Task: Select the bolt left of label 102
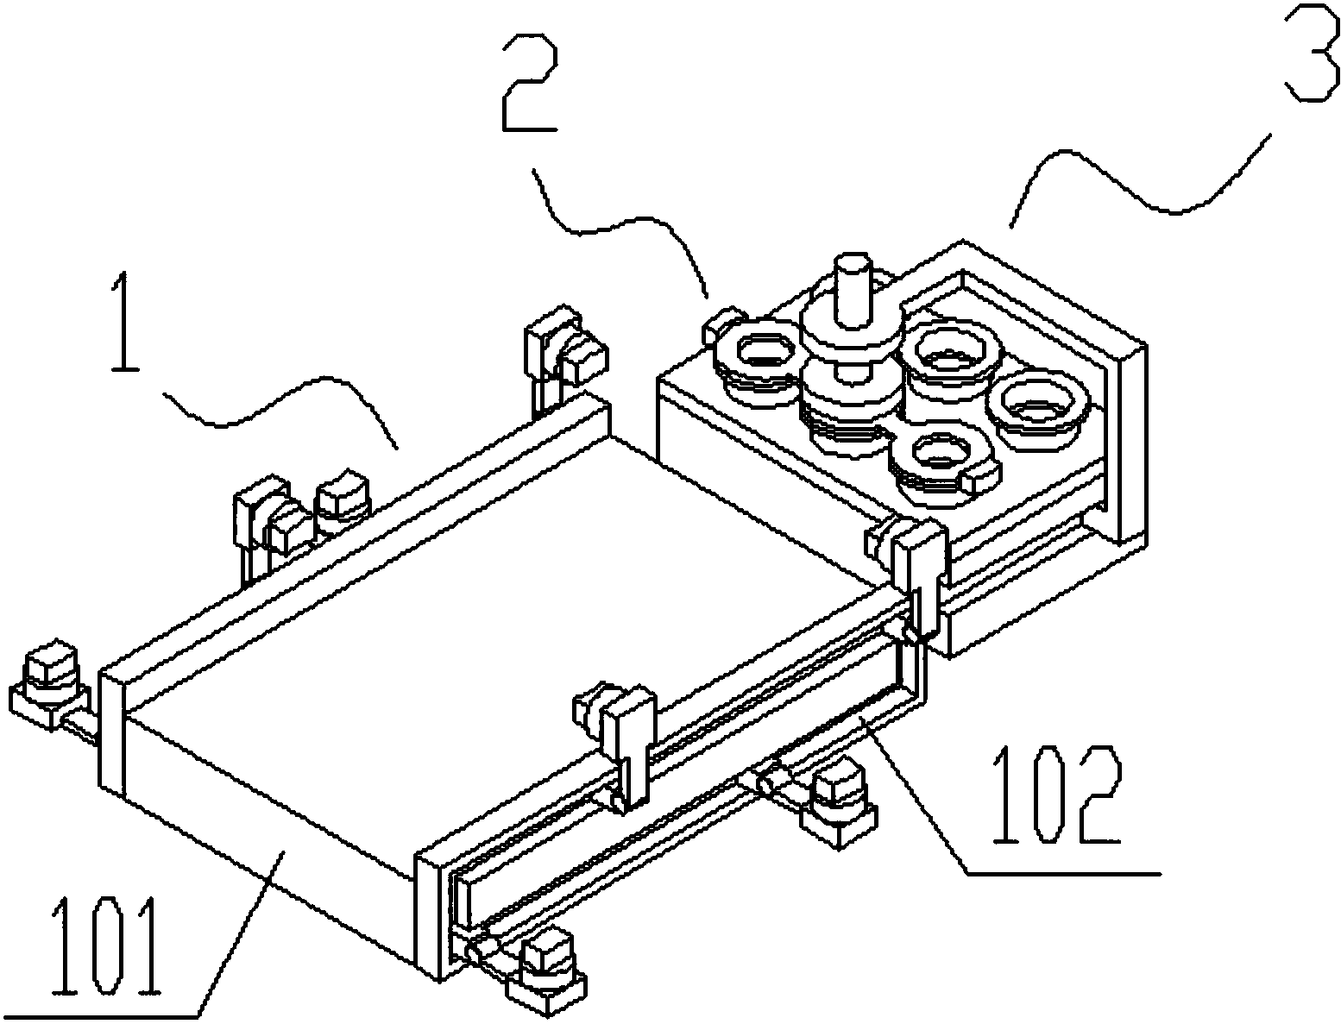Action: [x=837, y=797]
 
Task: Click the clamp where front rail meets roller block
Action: [x=915, y=569]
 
